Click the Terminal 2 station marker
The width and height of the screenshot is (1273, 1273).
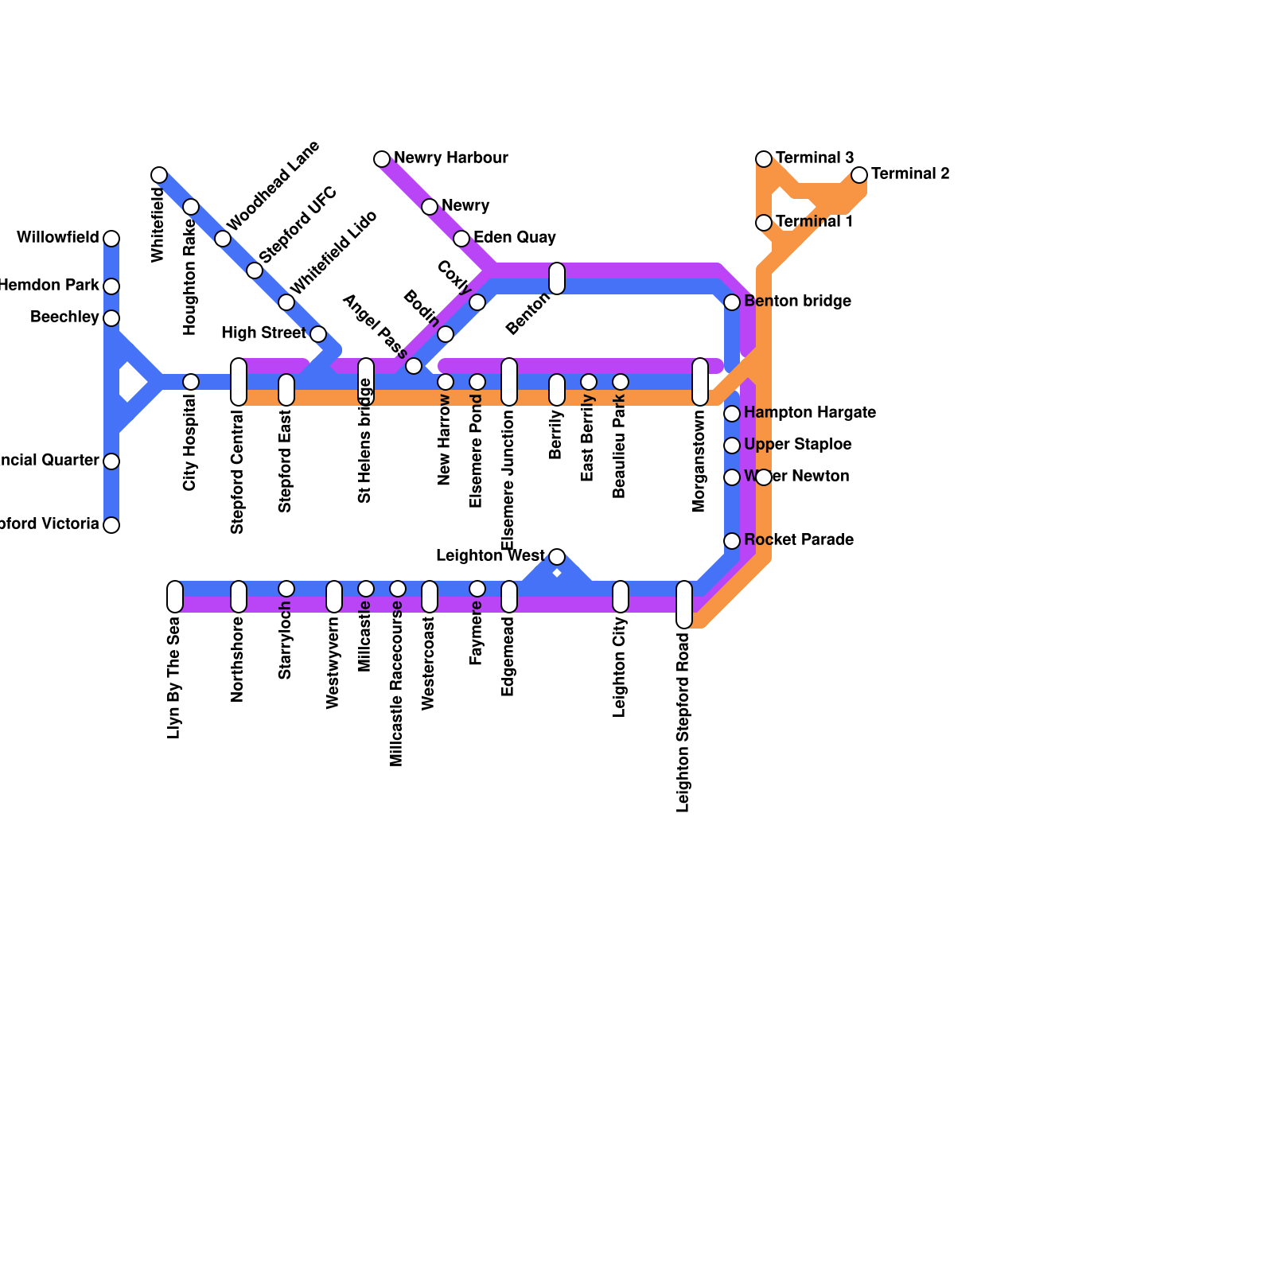pos(859,175)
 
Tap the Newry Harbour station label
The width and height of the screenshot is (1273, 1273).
pos(450,158)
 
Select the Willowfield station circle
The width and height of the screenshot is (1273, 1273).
pos(111,239)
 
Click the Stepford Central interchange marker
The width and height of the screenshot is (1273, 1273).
pos(239,382)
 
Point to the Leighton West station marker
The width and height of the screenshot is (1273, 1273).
pos(557,557)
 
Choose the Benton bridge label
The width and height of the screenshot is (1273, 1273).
pos(797,302)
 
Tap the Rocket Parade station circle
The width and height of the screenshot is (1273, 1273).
pos(732,541)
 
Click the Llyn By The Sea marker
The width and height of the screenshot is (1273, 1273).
pos(175,597)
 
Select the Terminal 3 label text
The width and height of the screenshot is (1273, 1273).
pos(814,158)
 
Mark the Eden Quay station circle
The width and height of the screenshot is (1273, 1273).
pos(461,239)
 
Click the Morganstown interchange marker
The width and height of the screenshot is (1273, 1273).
pos(700,382)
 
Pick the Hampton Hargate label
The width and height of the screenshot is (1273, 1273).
pos(809,413)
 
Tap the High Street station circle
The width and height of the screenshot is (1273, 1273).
pos(318,334)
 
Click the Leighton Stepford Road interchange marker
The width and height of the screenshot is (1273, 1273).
pos(684,605)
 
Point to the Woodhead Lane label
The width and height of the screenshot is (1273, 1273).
pos(273,185)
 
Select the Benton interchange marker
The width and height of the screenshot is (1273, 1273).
pos(557,278)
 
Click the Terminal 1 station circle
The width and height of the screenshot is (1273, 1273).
pos(764,223)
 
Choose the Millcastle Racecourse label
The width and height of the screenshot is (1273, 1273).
pos(397,684)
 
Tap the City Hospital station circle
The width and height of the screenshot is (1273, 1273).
pos(191,382)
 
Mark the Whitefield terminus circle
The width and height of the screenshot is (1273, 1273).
pos(159,175)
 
